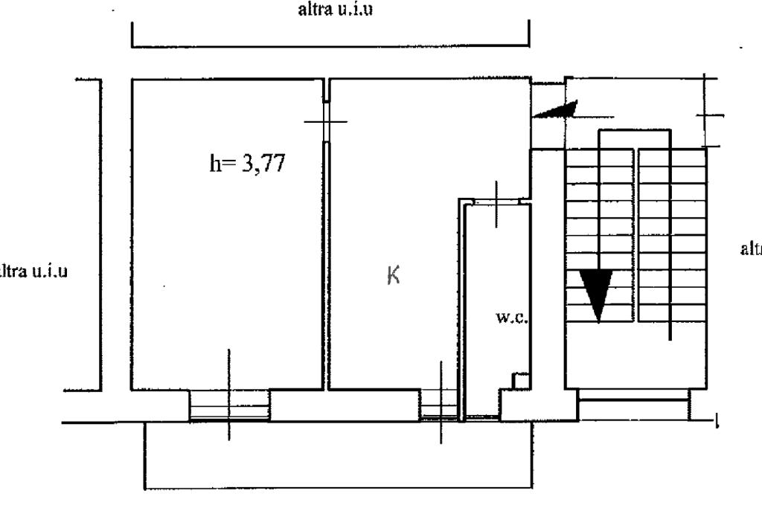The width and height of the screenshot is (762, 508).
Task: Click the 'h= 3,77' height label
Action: pyautogui.click(x=247, y=164)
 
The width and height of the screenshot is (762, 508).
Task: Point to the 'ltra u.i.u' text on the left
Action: pyautogui.click(x=33, y=270)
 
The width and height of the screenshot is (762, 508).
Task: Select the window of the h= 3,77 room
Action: pyautogui.click(x=229, y=407)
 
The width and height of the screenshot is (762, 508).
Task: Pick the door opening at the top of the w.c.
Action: pyautogui.click(x=497, y=201)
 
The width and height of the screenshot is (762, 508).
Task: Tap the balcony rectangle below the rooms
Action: pyautogui.click(x=338, y=457)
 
